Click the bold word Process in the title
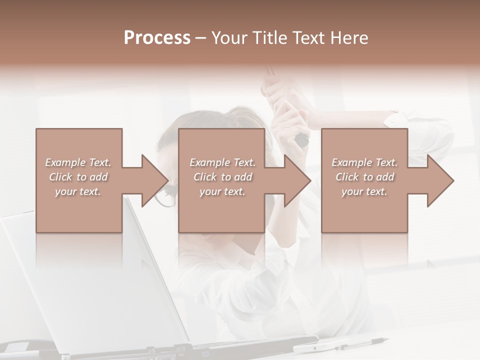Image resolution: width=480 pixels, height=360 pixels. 157,38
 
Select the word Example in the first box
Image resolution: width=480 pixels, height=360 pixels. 65,162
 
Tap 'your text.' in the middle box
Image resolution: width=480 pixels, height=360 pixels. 222,191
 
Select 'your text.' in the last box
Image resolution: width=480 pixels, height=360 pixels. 364,191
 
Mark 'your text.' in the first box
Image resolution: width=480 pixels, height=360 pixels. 77,191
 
